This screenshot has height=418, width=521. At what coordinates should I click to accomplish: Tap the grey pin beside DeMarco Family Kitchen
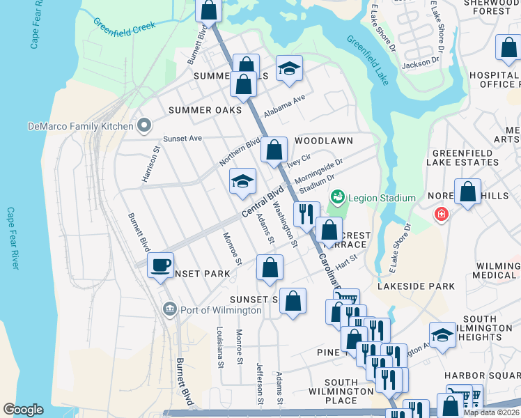tap(144, 126)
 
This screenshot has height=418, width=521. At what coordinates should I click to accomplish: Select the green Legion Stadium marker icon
tap(338, 198)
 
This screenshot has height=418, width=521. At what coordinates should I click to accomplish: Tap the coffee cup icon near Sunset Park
tap(161, 265)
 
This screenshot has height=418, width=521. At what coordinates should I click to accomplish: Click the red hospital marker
tap(440, 214)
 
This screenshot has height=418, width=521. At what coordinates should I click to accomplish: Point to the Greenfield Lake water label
tap(367, 61)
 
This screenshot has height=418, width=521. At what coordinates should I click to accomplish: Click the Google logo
tap(23, 409)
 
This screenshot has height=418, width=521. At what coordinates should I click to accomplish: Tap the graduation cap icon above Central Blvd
tap(243, 182)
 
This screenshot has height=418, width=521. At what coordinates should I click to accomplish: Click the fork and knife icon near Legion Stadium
tap(306, 214)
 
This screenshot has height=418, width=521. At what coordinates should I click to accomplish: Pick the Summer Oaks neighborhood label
tap(205, 110)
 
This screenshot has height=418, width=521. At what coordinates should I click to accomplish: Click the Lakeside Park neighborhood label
tap(416, 286)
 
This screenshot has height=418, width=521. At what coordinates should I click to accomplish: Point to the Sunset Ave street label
tap(182, 139)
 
